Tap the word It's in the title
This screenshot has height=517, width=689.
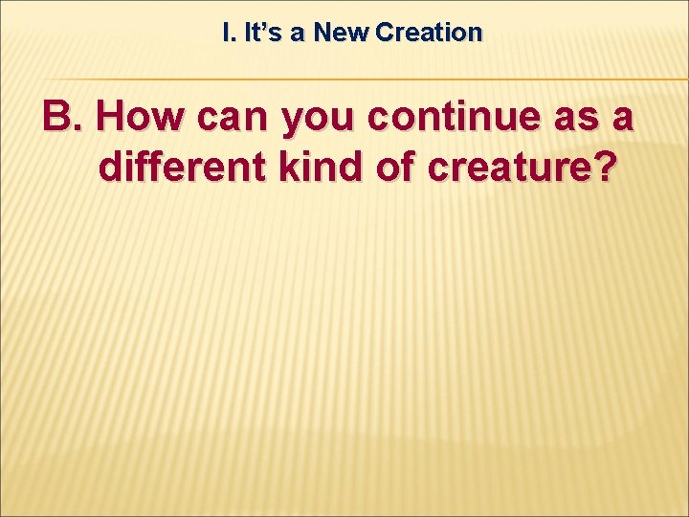tap(259, 33)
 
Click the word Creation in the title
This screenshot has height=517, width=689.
tap(430, 33)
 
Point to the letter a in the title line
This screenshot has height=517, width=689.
tap(298, 34)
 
